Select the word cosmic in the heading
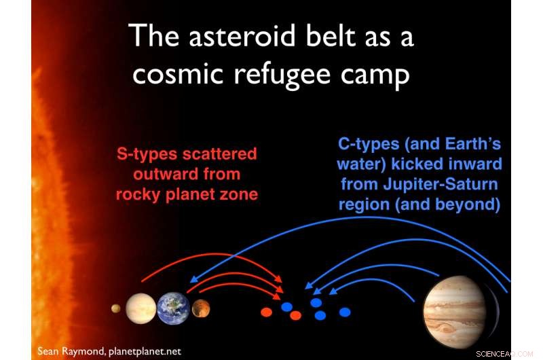tap(178, 75)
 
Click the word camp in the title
tap(375, 76)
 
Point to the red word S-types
tap(147, 154)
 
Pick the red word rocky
tap(138, 194)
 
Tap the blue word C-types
tap(369, 144)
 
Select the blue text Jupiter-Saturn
tap(441, 184)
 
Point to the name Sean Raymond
tap(71, 351)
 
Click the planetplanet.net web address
tap(145, 352)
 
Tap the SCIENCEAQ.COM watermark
tap(504, 354)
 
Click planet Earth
tap(174, 308)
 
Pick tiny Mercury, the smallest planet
tap(116, 308)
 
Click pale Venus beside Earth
tap(141, 308)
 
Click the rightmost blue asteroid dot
tap(345, 312)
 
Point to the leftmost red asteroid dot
tap(266, 312)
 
